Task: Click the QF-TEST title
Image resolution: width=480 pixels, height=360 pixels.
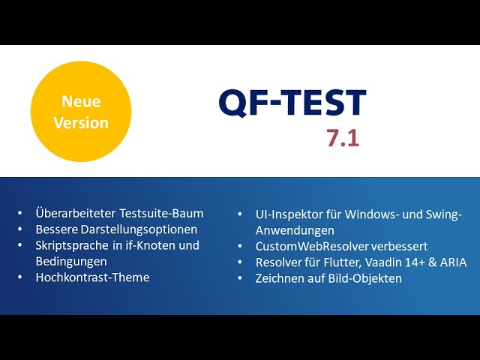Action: (x=292, y=103)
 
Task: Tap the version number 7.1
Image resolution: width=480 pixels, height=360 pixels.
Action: (x=343, y=138)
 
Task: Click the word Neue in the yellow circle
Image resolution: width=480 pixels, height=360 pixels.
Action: (x=81, y=101)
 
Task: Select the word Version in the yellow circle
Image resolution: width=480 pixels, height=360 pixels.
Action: (x=81, y=123)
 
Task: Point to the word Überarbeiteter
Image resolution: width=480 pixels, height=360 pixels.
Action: (x=76, y=213)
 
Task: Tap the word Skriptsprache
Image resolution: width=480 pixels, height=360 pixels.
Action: (x=72, y=245)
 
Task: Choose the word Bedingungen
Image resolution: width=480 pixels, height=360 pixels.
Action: (x=71, y=262)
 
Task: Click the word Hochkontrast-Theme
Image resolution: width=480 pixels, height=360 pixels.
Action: (x=92, y=277)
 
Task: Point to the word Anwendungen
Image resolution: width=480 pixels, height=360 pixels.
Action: (x=295, y=230)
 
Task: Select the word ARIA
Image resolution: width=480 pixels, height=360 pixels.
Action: (x=453, y=262)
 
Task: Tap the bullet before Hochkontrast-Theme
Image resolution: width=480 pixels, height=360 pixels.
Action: (x=20, y=277)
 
